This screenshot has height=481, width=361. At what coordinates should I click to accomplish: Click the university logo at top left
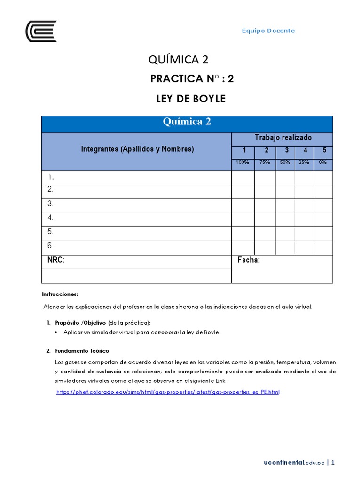(41, 31)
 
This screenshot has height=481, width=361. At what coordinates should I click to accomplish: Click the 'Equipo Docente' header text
(268, 31)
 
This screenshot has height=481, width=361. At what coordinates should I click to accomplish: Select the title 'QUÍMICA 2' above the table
(178, 60)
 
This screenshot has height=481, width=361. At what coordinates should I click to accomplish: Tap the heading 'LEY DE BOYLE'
(191, 99)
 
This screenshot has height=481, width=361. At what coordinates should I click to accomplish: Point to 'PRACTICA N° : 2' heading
(192, 79)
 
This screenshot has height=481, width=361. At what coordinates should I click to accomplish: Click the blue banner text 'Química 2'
(187, 122)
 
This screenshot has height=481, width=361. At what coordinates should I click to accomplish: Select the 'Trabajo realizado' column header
(283, 137)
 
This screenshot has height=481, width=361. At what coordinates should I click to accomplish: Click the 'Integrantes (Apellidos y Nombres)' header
(137, 149)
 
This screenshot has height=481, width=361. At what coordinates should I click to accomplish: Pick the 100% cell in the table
(243, 162)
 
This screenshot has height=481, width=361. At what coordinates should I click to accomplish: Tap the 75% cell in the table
(265, 162)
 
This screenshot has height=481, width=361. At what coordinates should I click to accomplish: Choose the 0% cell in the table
(323, 162)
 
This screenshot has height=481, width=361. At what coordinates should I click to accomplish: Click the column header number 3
(286, 150)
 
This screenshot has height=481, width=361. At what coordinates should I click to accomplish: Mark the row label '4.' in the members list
(50, 217)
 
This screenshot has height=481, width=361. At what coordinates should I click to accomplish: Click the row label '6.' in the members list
(50, 246)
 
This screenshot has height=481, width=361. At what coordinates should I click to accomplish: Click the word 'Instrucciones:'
(60, 294)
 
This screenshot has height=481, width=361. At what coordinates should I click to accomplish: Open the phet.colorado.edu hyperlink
(167, 392)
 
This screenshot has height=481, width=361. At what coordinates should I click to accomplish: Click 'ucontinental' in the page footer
(283, 463)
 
